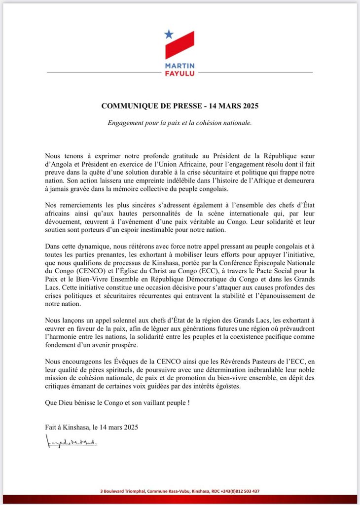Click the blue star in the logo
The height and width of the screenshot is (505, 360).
click(x=169, y=35)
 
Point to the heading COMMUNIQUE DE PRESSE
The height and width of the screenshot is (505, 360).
click(x=153, y=106)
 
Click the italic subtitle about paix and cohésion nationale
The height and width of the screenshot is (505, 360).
click(x=180, y=122)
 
